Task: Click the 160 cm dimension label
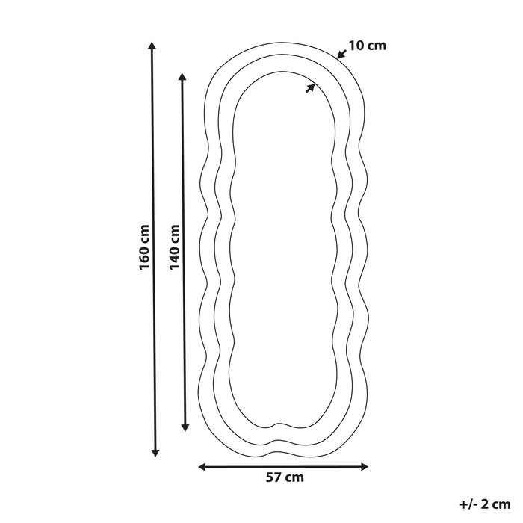pos(144,247)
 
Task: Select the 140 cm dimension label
pos(174,247)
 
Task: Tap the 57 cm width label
pos(285,477)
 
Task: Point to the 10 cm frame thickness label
pos(368,46)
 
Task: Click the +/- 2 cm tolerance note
pos(486,504)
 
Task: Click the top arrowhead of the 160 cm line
pos(152,46)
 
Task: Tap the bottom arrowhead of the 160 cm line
pos(155,452)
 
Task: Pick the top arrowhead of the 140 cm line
pos(182,77)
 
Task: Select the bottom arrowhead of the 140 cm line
pos(185,427)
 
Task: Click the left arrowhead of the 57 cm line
pos(202,467)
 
